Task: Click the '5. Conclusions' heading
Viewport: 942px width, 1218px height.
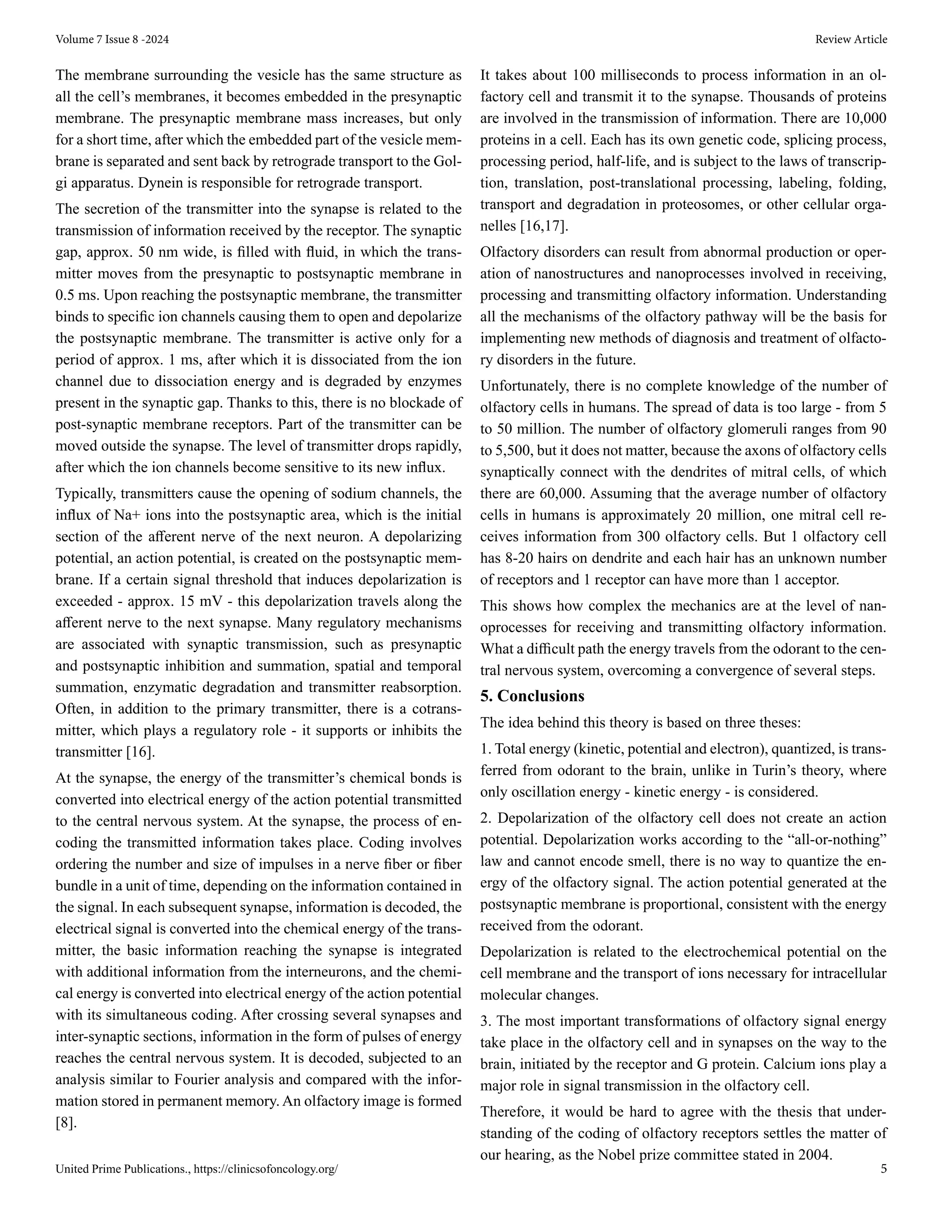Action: [532, 696]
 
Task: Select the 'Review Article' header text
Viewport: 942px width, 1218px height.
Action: [850, 39]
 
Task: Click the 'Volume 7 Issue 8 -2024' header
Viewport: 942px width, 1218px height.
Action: [112, 39]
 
